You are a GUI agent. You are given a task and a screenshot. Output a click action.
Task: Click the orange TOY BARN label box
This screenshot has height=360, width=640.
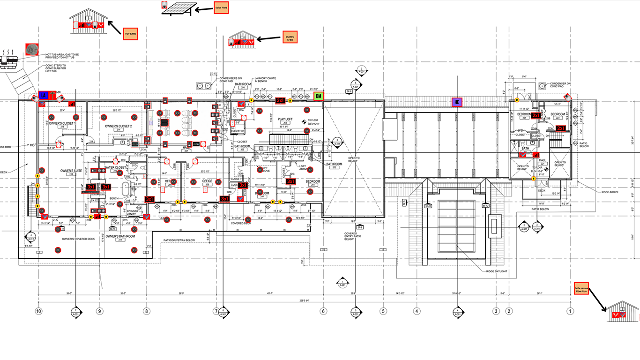click(x=130, y=33)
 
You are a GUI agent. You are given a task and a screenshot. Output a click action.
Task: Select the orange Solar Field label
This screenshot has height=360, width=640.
click(x=221, y=8)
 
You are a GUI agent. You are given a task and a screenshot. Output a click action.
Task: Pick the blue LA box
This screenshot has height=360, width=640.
click(x=43, y=95)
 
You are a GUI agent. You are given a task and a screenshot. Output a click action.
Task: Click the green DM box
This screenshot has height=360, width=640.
click(x=319, y=96)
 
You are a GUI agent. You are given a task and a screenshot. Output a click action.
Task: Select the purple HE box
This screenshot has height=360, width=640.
click(x=457, y=102)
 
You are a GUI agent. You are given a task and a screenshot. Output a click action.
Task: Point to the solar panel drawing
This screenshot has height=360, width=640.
click(x=179, y=8)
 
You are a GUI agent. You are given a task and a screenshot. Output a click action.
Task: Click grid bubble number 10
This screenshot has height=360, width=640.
click(x=39, y=311)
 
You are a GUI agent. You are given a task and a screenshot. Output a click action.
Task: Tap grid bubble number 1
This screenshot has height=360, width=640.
click(x=570, y=311)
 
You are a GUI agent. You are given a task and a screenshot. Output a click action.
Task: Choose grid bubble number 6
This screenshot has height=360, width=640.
click(x=323, y=311)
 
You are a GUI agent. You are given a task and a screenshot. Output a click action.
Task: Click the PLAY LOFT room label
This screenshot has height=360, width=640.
click(x=285, y=119)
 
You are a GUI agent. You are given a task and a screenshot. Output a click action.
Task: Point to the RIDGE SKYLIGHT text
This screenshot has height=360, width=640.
click(x=497, y=271)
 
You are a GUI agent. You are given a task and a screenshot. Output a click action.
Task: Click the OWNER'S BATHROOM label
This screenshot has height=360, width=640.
click(x=120, y=236)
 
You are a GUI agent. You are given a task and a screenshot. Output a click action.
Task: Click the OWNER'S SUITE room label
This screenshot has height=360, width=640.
click(x=71, y=171)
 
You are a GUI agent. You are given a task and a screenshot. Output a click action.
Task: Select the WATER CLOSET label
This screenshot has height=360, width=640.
click(x=115, y=167)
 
